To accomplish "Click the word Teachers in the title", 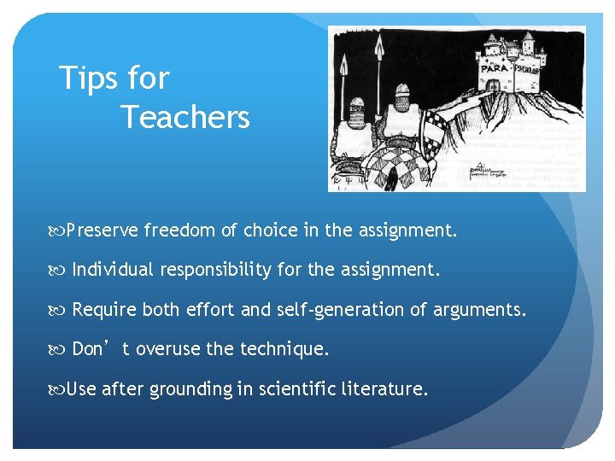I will pos(185,116).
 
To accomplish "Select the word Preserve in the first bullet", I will pos(102,230).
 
